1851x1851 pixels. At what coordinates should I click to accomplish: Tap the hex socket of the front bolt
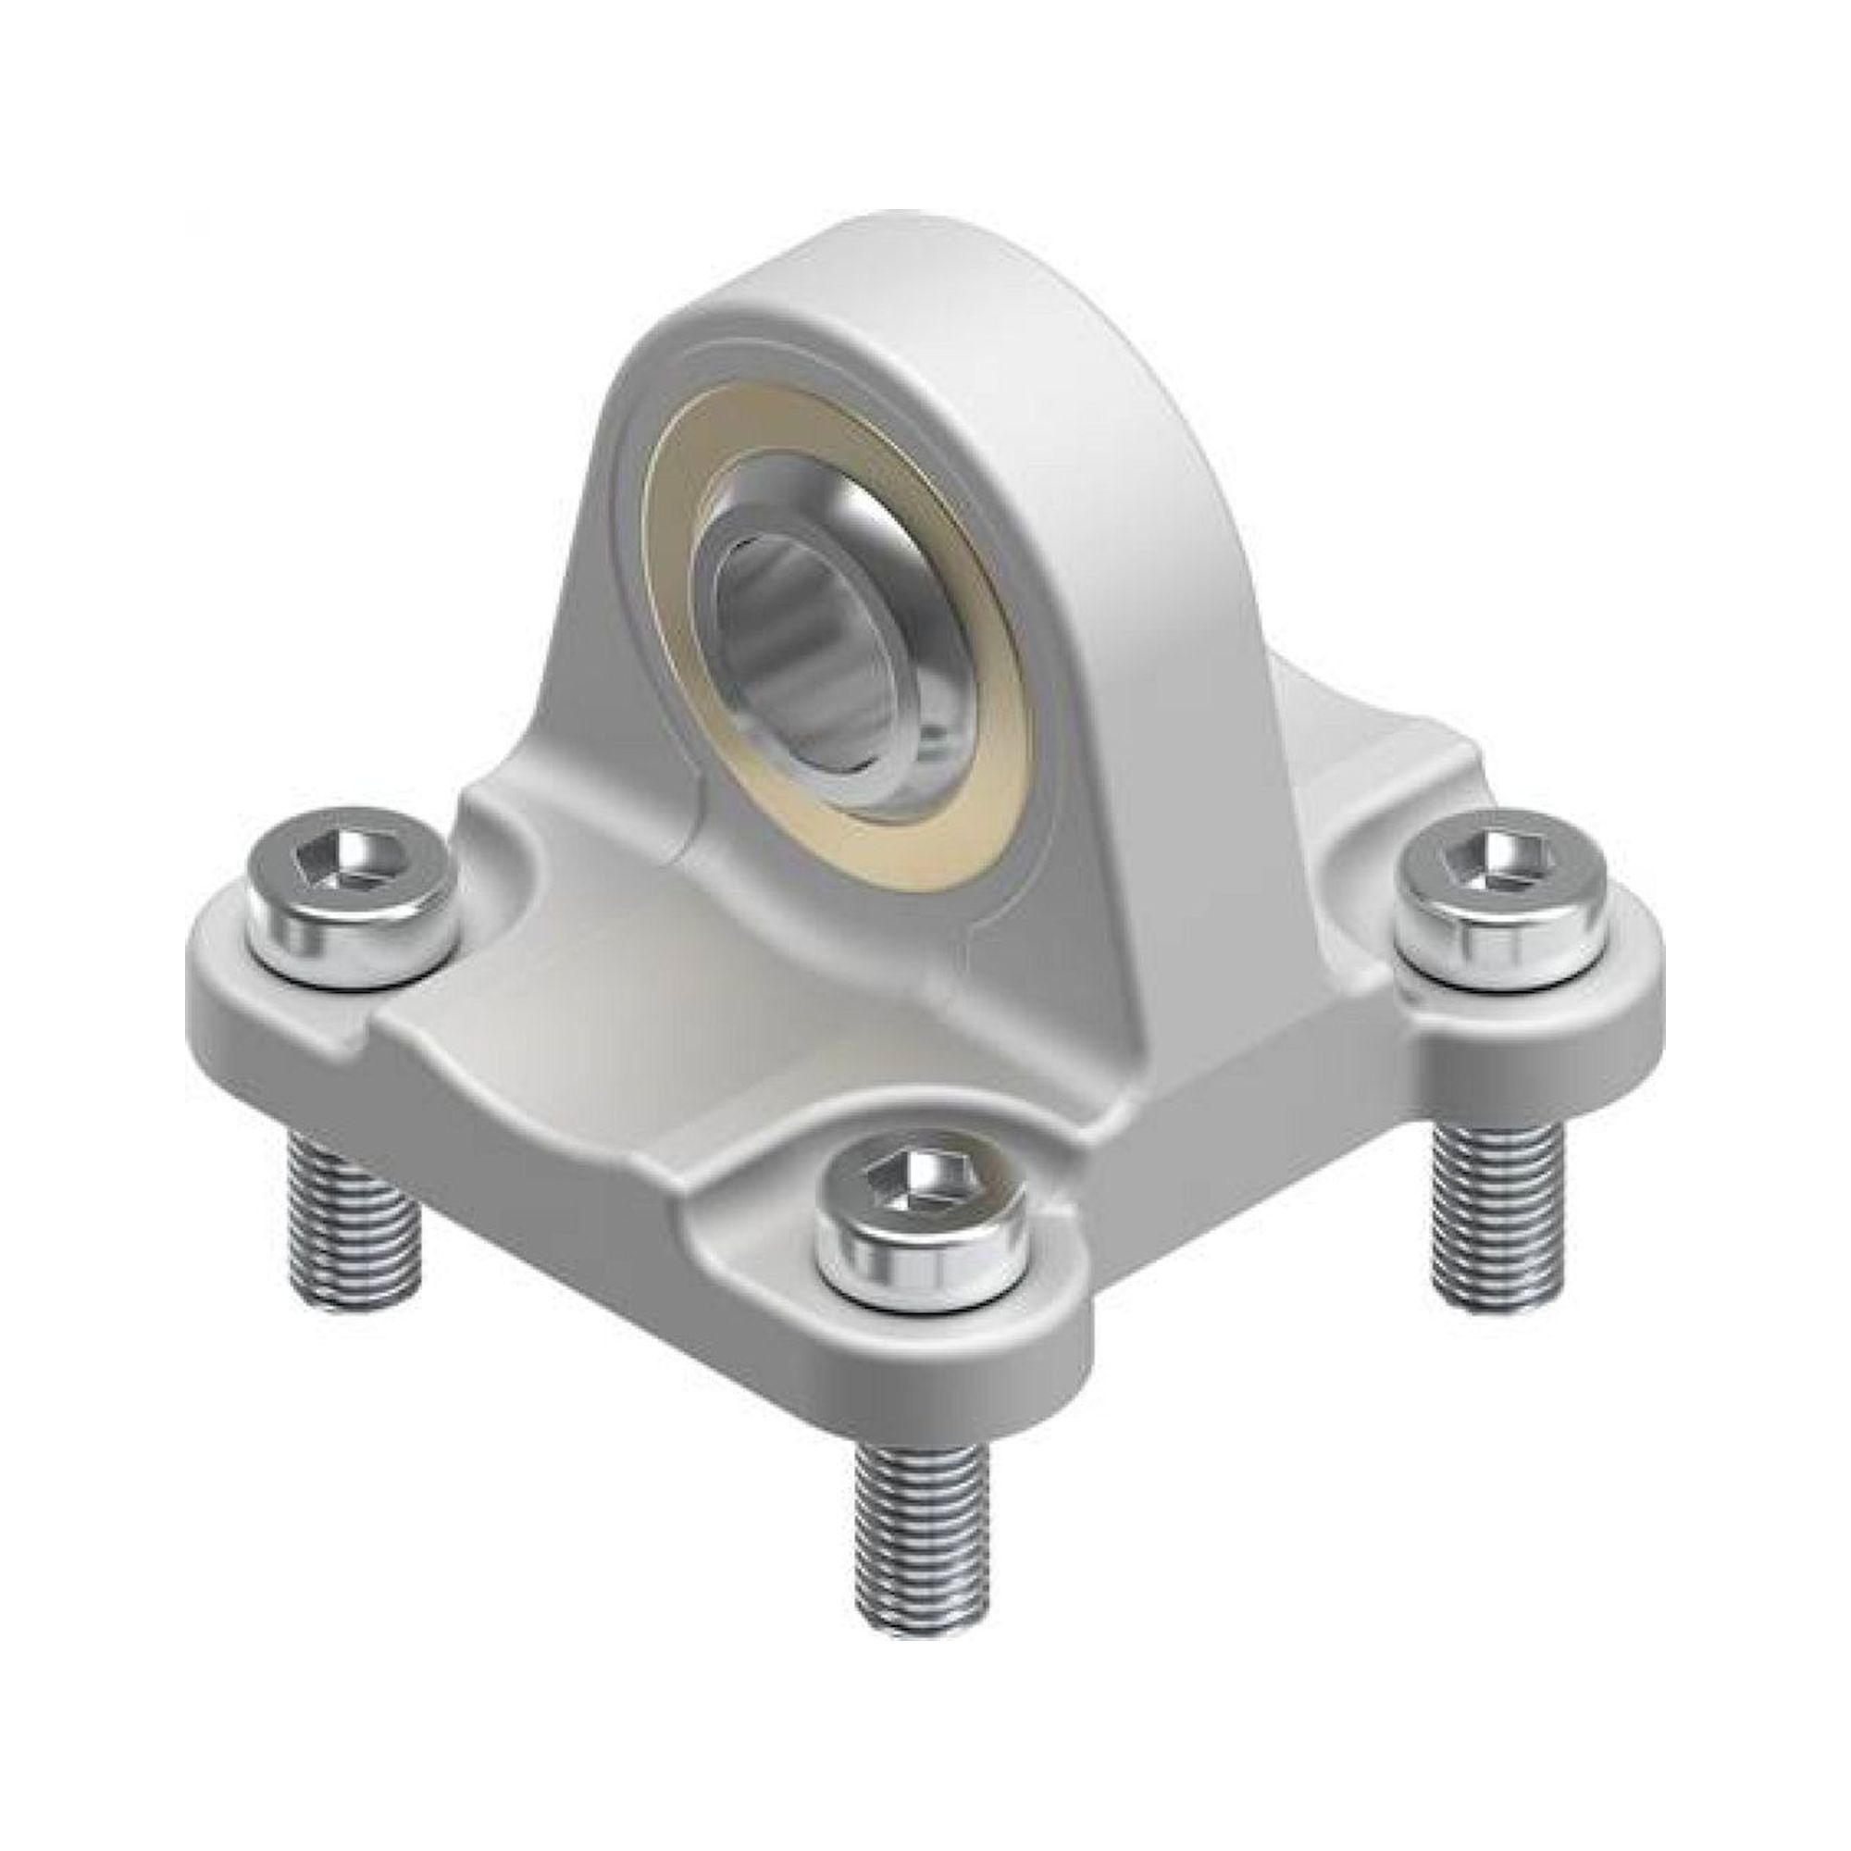[922, 1179]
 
